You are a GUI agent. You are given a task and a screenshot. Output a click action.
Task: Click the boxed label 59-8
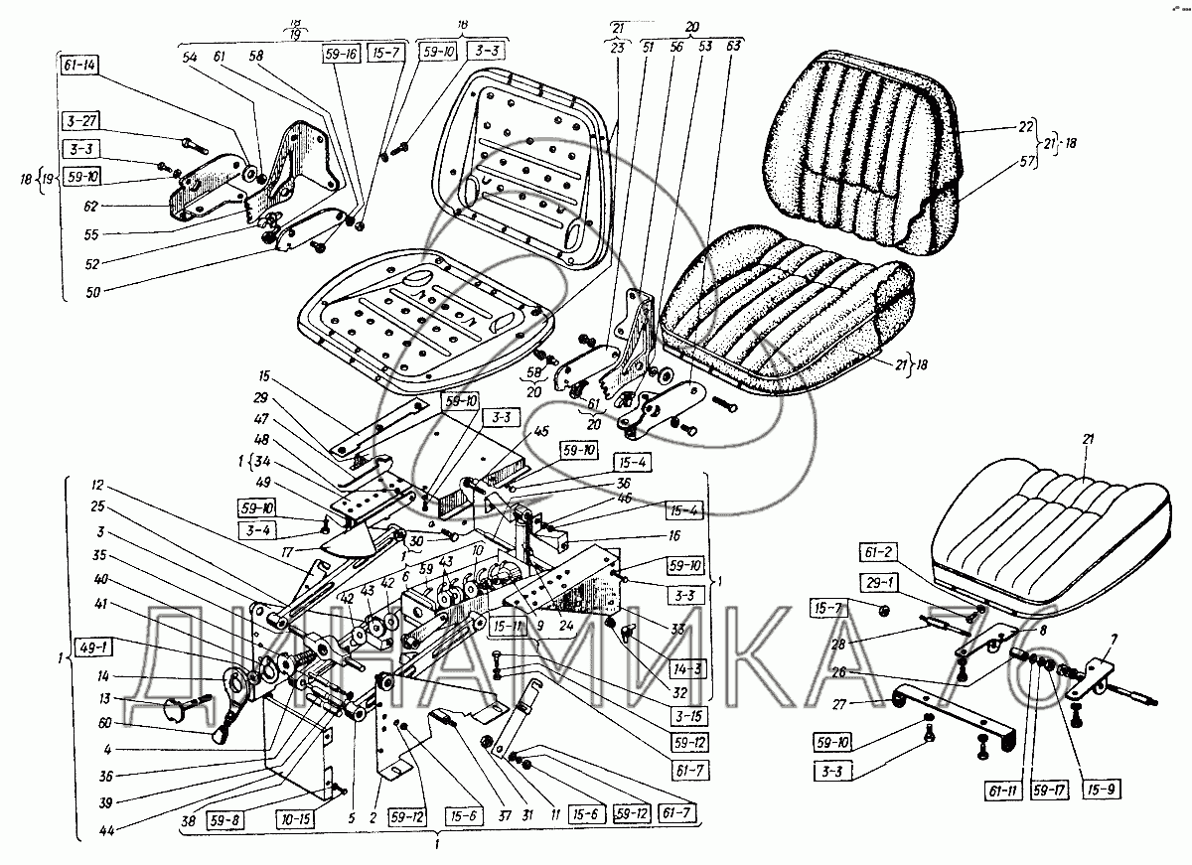click(224, 819)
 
